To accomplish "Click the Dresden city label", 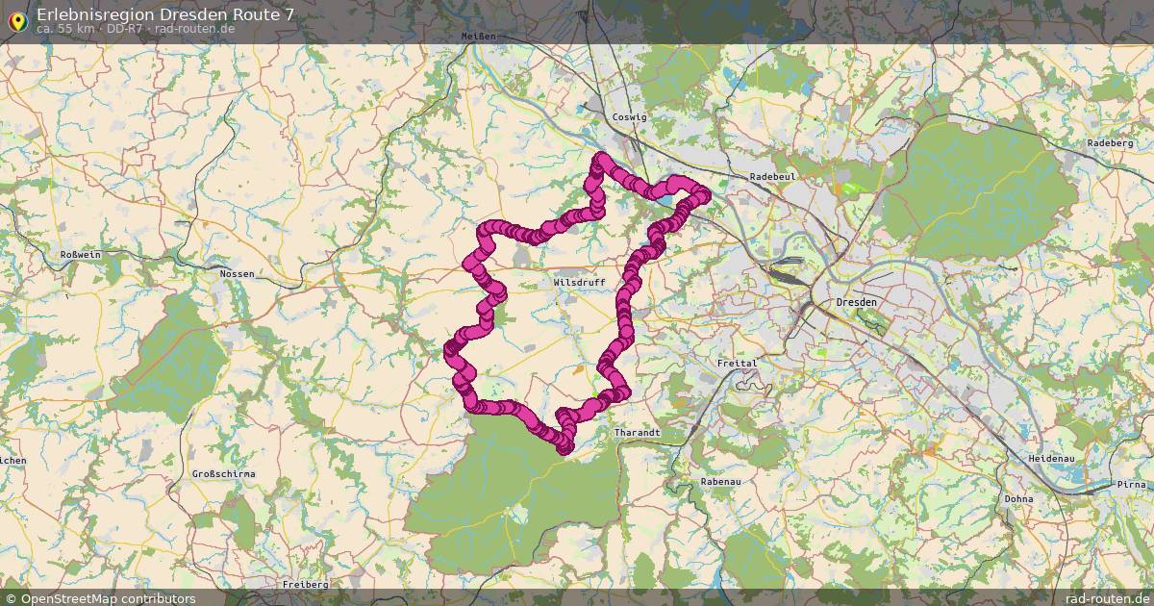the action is tap(857, 302).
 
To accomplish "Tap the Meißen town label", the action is tap(478, 36).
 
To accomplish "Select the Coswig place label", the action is tap(630, 116).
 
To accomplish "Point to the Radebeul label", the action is tap(770, 177).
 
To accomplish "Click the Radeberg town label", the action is tap(1111, 143).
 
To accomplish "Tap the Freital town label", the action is tap(738, 364).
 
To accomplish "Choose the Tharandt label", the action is tap(637, 434).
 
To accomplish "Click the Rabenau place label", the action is tap(721, 482).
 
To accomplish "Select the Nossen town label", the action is tap(238, 274).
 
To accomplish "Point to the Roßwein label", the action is tap(81, 254).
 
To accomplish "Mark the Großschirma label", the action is tap(223, 474).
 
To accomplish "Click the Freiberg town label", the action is tap(306, 584).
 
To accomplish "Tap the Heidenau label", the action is tap(1051, 459).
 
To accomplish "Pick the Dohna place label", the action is tap(1018, 499).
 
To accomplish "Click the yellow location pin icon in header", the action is tap(17, 19).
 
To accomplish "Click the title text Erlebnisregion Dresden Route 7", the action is tap(165, 14).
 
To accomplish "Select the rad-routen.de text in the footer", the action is tap(1107, 598).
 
